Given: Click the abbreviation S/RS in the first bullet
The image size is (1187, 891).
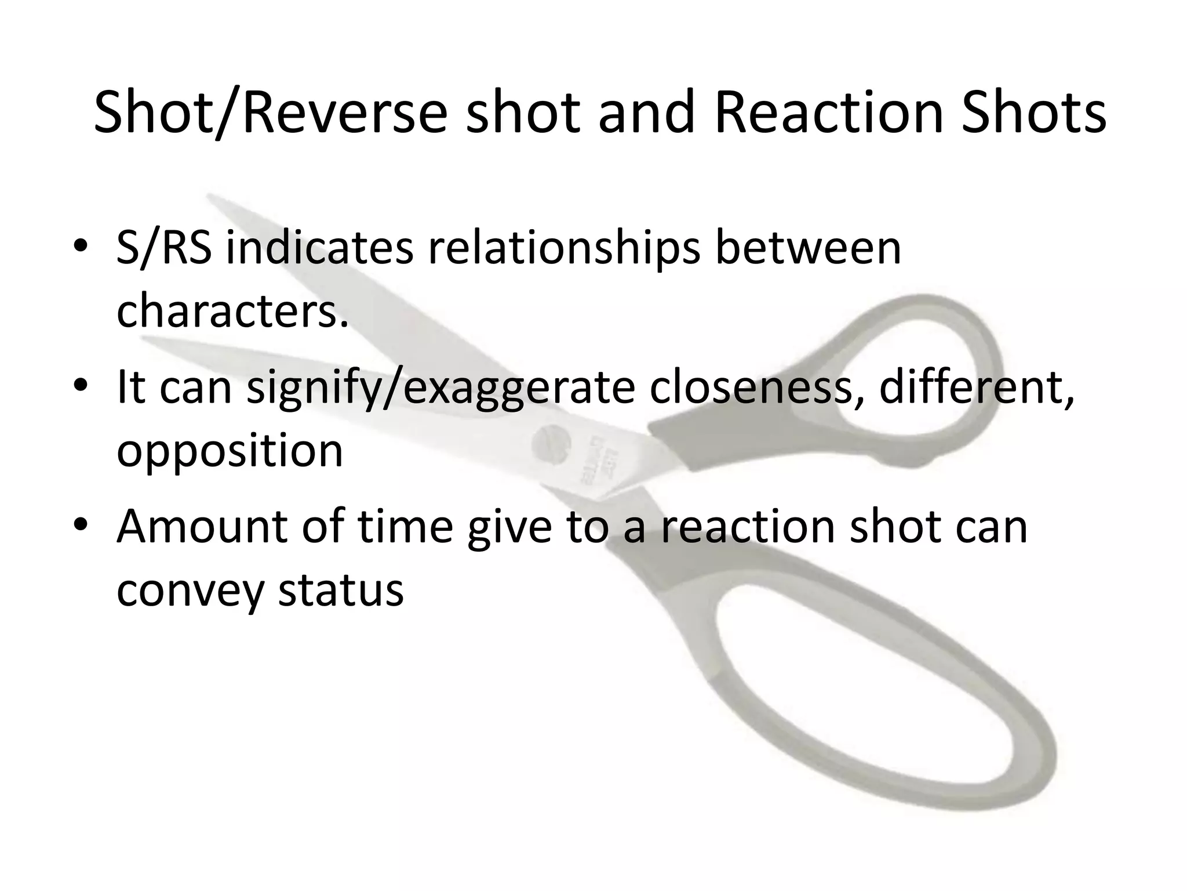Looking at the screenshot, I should (x=163, y=248).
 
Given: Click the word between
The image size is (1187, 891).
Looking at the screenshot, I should (x=808, y=248).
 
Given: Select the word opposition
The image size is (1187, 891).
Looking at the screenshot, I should (x=230, y=451).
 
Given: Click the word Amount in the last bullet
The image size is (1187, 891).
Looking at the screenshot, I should (x=201, y=527).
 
